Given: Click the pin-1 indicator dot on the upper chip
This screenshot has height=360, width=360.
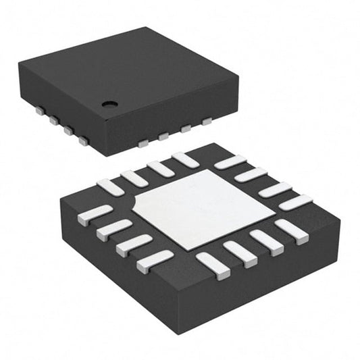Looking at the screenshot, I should tap(109, 104).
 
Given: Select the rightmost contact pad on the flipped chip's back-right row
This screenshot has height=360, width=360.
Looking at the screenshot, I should tap(295, 202).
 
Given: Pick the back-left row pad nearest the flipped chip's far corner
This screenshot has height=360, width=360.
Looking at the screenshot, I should tap(185, 160).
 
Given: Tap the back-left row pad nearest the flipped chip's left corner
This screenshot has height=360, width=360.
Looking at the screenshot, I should tap(110, 187).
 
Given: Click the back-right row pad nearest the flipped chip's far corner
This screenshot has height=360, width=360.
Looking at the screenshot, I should tap(230, 162).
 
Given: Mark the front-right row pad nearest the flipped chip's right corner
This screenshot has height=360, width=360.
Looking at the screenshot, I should tap(292, 230).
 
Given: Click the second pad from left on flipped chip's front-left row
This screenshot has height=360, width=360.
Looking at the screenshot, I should tap(113, 230).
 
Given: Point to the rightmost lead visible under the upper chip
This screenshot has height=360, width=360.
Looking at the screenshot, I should tap(206, 122).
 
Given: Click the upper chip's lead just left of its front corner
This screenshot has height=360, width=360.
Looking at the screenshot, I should tap(83, 140).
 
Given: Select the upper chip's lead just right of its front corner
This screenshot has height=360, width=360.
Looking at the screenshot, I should tap(143, 143).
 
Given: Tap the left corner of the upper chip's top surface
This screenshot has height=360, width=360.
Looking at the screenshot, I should tap(18, 63).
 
